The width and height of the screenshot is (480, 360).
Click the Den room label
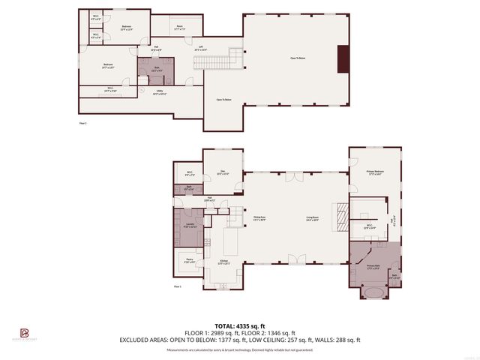point(222,172)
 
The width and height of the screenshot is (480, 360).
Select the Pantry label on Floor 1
point(188,260)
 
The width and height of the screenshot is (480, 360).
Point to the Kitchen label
point(223,262)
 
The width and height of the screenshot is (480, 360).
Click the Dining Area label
point(260,219)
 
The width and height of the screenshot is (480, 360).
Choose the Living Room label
point(313,219)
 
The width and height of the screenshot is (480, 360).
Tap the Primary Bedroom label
point(374,175)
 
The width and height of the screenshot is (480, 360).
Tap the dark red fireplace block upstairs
point(343,59)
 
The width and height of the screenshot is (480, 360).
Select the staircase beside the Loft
point(236,58)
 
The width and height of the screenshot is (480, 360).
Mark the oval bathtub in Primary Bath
point(373,291)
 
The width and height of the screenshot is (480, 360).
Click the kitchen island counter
point(230,241)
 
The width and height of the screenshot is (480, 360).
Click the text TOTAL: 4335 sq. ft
point(240,325)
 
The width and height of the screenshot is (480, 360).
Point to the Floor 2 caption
point(83,122)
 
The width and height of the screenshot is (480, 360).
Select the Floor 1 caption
point(178,286)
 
